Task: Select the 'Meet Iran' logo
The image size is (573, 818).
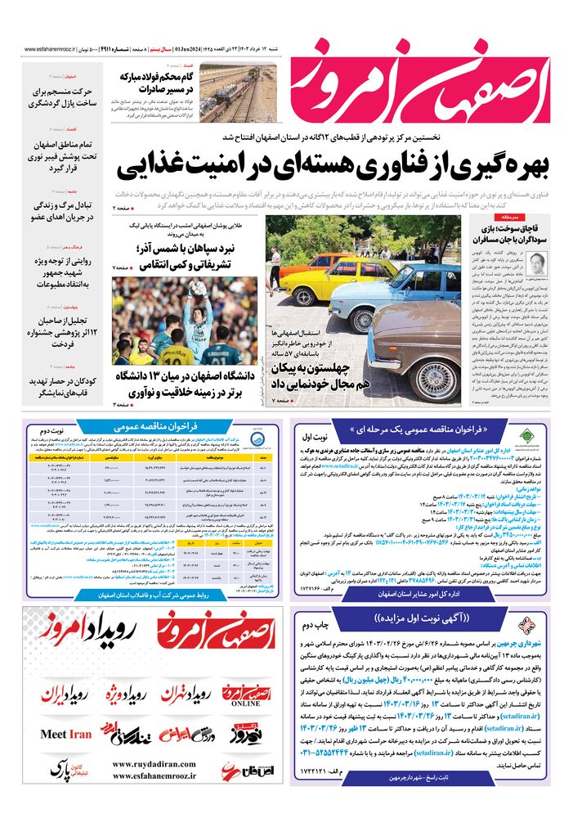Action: [x=66, y=735]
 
